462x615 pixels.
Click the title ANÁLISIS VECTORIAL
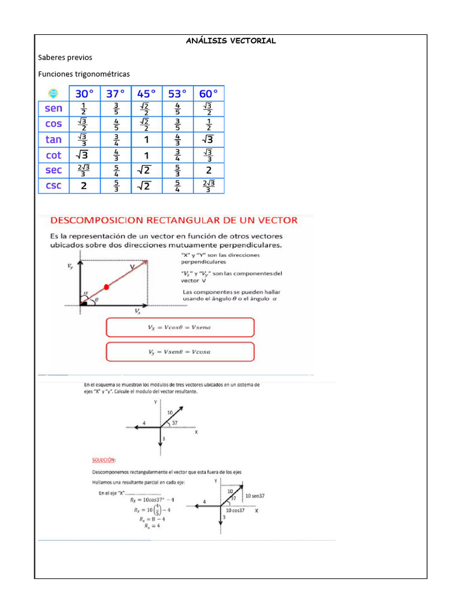coord(230,41)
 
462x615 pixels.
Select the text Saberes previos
coord(65,57)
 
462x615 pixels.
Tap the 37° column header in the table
coord(116,93)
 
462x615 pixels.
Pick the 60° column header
coord(209,93)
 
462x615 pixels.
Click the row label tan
coord(54,139)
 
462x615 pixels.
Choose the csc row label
coord(54,186)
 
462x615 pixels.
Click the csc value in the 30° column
coord(84,186)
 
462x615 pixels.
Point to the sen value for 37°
coord(116,109)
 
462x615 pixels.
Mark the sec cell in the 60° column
coord(209,170)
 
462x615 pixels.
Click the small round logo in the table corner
coord(53,93)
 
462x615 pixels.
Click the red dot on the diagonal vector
coord(106,286)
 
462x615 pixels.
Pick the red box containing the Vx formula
coord(180,327)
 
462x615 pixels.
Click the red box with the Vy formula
coord(180,351)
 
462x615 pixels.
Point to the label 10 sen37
coord(255,496)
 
